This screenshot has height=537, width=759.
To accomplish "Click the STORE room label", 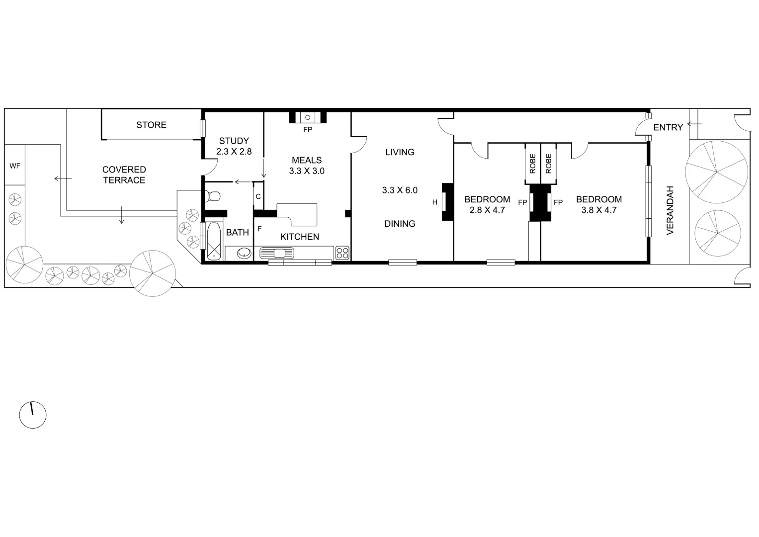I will click(x=151, y=125).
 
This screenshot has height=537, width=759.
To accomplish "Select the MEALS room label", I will click(x=307, y=160).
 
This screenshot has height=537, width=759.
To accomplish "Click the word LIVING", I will click(x=400, y=152).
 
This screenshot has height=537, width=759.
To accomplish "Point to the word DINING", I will click(x=400, y=224).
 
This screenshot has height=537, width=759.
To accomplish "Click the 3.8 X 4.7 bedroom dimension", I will click(x=598, y=210).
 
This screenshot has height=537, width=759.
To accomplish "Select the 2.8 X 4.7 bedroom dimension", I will click(x=487, y=210).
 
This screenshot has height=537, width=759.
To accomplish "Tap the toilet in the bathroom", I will click(x=212, y=196).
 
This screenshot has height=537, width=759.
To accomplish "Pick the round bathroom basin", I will click(x=244, y=253).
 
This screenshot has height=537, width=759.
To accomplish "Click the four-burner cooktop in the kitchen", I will click(x=342, y=253).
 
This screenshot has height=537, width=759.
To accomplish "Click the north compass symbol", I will click(x=33, y=415).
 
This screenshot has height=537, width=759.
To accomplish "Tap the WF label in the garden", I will click(x=15, y=166).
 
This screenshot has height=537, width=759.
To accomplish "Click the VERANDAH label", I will click(x=670, y=210).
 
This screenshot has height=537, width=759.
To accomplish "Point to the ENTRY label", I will click(x=668, y=128).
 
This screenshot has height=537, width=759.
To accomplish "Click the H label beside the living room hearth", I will click(x=434, y=202).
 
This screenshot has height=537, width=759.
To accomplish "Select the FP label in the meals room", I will click(x=307, y=130).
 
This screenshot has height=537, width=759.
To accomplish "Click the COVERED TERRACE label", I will click(x=124, y=175).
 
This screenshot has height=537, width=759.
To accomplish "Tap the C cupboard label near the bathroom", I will click(x=258, y=196).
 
